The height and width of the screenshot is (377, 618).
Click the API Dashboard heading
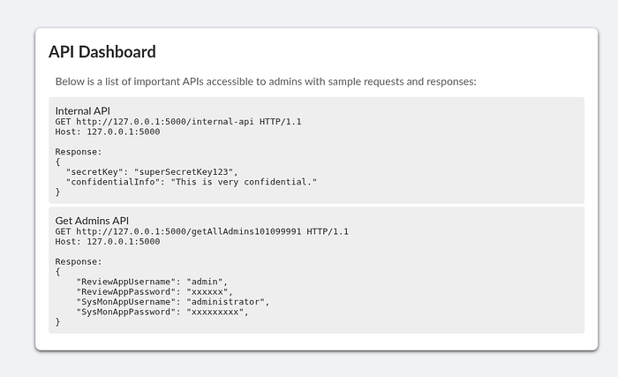(102, 52)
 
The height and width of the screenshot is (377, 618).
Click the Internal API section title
(83, 111)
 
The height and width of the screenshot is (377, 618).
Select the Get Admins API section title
(92, 221)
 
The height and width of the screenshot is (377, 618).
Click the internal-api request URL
(165, 122)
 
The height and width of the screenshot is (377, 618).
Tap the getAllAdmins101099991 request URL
(188, 231)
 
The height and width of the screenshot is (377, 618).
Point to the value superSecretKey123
(184, 172)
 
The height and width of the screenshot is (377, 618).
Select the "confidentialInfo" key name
(113, 182)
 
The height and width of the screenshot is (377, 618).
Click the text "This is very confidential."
(244, 182)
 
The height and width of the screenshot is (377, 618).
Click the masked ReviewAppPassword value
(207, 292)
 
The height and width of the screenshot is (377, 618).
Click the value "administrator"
(225, 302)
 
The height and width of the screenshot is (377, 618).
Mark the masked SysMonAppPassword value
(215, 312)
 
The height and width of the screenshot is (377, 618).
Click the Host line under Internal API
(108, 132)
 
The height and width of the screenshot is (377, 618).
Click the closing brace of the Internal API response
(57, 192)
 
